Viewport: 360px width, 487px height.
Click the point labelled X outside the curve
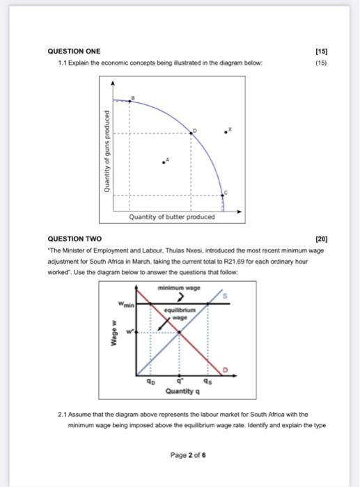[x=224, y=130]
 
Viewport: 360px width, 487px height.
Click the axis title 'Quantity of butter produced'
[x=172, y=216]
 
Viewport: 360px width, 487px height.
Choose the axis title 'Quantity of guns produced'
[x=107, y=152]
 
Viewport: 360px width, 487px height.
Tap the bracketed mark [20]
[x=321, y=239]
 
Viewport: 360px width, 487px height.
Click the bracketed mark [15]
[x=321, y=51]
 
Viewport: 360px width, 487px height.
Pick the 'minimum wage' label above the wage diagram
[x=178, y=287]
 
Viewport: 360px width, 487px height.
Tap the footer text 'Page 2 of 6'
[x=188, y=456]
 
